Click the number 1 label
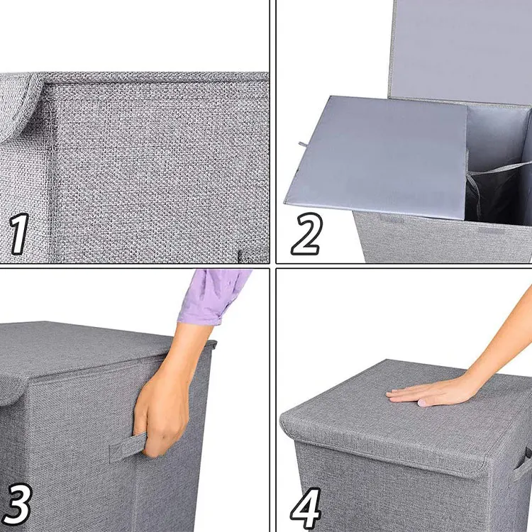(19, 236)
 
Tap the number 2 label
(306, 234)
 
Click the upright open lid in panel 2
(461, 50)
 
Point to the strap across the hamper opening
(500, 170)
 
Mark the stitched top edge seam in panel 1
(156, 77)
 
